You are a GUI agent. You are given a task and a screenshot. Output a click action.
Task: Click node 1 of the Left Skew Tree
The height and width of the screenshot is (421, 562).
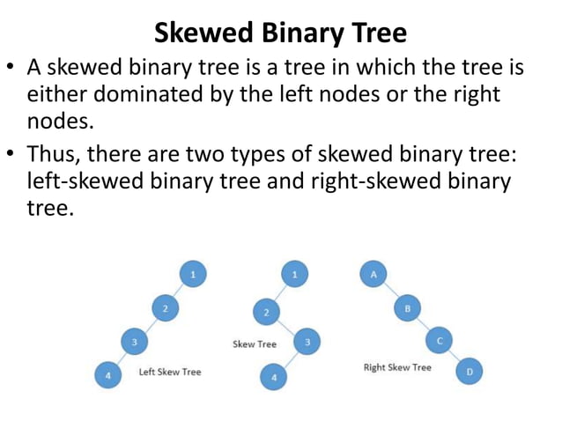pyautogui.click(x=193, y=275)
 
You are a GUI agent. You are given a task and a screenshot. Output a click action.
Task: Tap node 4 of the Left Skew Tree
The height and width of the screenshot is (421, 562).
pyautogui.click(x=107, y=375)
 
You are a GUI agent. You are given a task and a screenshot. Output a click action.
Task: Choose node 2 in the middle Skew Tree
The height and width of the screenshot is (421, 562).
pyautogui.click(x=266, y=311)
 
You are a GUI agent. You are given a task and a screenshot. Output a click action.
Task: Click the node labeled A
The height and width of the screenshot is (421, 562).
pyautogui.click(x=373, y=275)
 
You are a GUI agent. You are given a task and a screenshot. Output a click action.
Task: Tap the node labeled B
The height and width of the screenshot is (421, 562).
pyautogui.click(x=407, y=309)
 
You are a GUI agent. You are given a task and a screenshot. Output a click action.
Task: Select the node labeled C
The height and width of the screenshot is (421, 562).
pyautogui.click(x=439, y=340)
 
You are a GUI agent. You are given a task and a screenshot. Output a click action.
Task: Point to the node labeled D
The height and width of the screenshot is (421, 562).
pyautogui.click(x=470, y=373)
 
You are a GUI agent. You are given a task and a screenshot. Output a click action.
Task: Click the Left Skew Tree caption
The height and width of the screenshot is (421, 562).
pyautogui.click(x=170, y=372)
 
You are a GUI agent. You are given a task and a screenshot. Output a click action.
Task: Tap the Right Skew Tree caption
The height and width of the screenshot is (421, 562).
pyautogui.click(x=397, y=366)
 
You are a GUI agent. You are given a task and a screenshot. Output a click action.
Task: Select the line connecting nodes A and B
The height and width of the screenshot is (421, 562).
pyautogui.click(x=390, y=292)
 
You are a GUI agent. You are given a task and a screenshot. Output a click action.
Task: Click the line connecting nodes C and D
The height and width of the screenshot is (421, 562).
pyautogui.click(x=455, y=357)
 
